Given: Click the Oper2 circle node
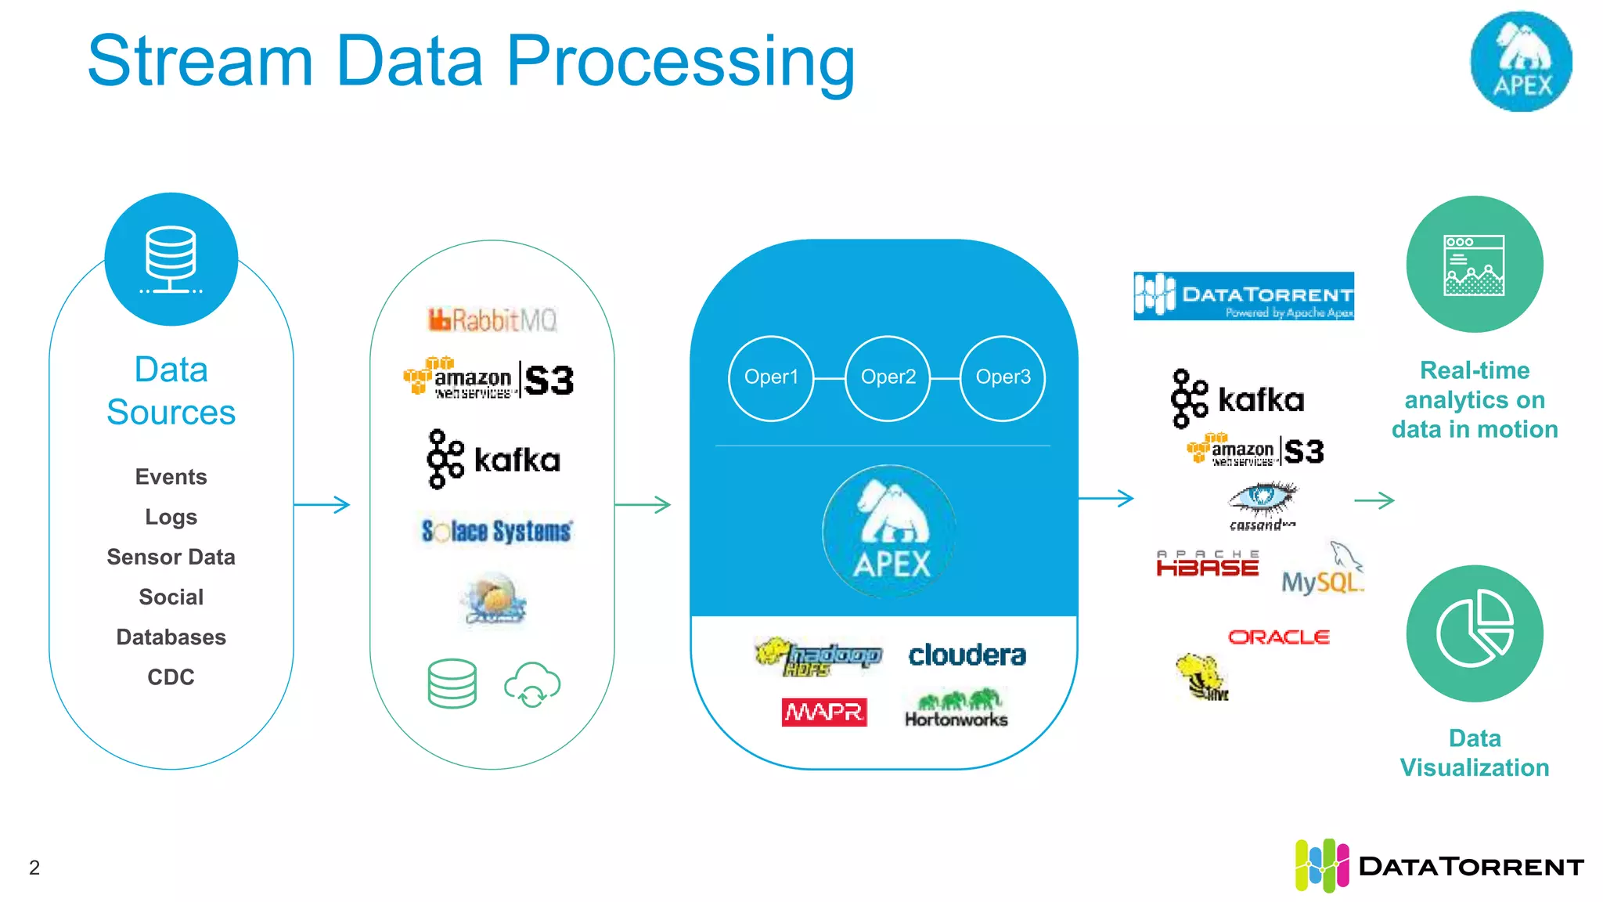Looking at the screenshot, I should (888, 378).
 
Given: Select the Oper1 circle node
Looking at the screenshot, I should (771, 378).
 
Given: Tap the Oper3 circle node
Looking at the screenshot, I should (1003, 378).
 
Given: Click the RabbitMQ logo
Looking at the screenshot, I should (492, 319).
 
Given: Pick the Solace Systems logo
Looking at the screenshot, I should (496, 531).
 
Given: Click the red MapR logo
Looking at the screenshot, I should (823, 712).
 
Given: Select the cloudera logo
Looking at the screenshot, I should (967, 655).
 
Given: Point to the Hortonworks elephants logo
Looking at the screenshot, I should (956, 708).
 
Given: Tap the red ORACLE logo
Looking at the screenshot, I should (1278, 637).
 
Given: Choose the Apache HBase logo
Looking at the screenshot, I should (1207, 564).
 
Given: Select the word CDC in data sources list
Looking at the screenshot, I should (171, 677).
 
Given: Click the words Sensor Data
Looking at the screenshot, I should (171, 557).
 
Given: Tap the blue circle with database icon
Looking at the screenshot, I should (171, 259).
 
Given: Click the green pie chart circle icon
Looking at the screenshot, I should (1474, 633).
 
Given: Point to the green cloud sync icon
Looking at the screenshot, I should (532, 684).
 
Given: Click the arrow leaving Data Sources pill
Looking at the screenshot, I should (322, 504).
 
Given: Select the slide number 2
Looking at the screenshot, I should (34, 868).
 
